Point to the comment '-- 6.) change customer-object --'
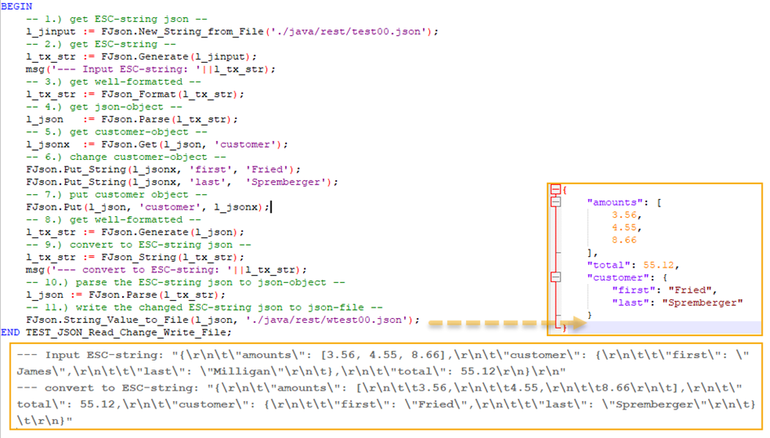pyautogui.click(x=126, y=157)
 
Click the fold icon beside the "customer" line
pyautogui.click(x=556, y=277)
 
